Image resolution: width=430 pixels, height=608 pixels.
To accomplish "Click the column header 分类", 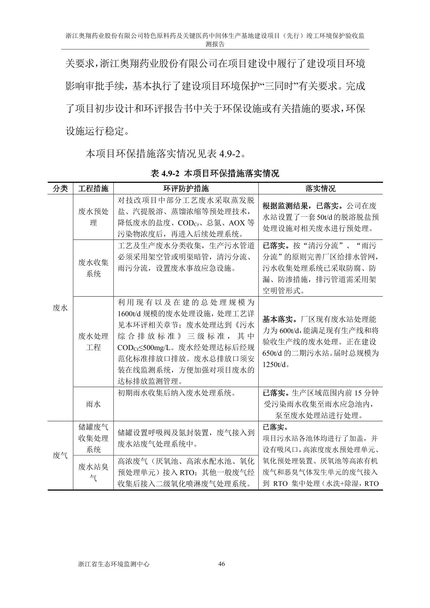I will coord(60,188).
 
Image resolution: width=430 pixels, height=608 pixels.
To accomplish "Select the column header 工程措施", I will coord(93,188).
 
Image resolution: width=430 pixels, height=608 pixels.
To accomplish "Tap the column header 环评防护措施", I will coord(186,188).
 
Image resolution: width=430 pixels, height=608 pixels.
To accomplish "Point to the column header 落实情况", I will coord(320,188).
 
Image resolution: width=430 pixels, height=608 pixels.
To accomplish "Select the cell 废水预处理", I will coord(93,217).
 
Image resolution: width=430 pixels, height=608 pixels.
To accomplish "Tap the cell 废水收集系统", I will coord(93,268).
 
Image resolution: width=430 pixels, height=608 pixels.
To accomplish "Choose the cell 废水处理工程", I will coord(93,342).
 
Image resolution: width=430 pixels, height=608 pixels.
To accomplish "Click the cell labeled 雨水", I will coord(93,404).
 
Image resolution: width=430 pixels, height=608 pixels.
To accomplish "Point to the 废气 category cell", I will coord(60,456).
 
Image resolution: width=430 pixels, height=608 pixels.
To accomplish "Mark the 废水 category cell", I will coord(60,307).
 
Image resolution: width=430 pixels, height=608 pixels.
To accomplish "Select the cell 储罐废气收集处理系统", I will coord(93,438).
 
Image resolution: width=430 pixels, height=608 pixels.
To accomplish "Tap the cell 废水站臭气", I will coord(93,473).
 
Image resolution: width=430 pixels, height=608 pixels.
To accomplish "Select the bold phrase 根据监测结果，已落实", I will coord(302,206).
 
